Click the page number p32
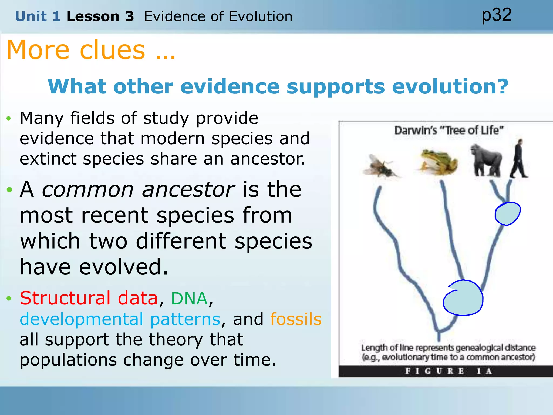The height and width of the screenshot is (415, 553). (496, 15)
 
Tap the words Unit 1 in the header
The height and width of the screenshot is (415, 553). (38, 16)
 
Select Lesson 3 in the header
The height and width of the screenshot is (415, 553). (100, 16)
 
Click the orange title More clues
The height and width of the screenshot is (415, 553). (91, 50)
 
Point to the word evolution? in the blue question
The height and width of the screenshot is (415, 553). (450, 87)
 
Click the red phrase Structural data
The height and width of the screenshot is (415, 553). (89, 298)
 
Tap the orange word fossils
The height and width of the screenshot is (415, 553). (296, 319)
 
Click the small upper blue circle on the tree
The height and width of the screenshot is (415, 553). (508, 214)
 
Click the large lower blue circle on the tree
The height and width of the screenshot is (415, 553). (463, 298)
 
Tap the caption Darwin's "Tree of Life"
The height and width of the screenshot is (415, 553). (449, 130)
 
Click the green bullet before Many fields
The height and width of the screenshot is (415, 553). (9, 119)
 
